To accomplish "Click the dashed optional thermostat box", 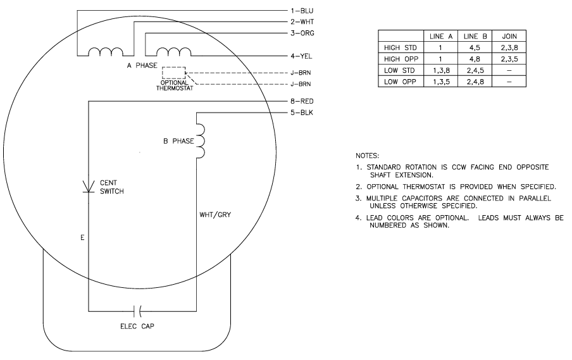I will [174, 73].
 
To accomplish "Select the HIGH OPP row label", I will [400, 58].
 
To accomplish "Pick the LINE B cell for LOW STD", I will [475, 70].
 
